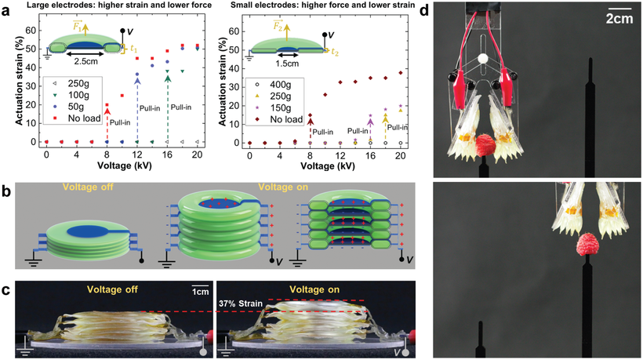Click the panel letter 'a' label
[x=5, y=10]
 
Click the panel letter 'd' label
[x=445, y=10]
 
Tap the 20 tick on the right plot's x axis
[x=401, y=155]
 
